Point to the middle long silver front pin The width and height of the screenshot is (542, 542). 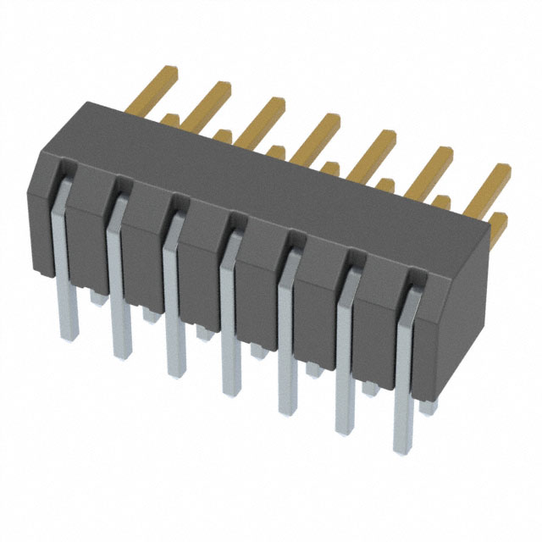(230, 330)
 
